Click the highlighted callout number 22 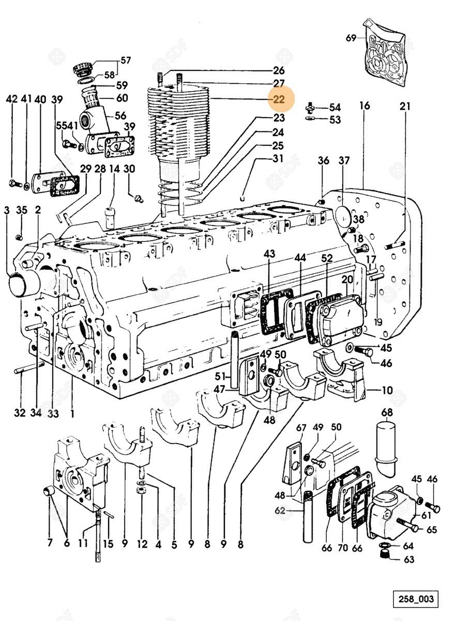279,98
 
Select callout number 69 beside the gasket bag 351,38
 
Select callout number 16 365,106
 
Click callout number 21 404,107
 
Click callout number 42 12,99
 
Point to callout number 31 279,159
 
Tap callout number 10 387,390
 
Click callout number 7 50,543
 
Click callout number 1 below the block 72,413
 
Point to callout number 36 324,161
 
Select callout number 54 335,107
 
